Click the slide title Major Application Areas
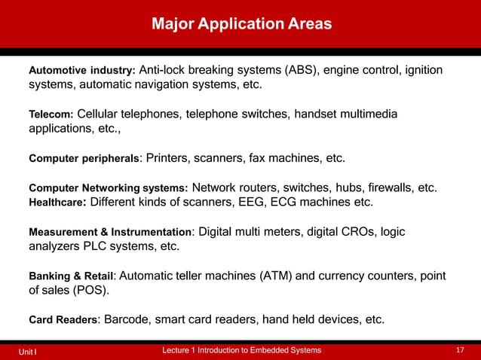coord(241,24)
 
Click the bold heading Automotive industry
coord(81,71)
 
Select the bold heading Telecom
coord(51,114)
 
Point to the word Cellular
coord(103,114)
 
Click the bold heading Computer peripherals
coord(84,159)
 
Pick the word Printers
coord(170,158)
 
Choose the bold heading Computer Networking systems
coord(108,188)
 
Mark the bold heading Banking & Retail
coord(71,276)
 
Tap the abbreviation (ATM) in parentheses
coord(277,275)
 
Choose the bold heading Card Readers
coord(63,320)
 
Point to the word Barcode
coord(126,319)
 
